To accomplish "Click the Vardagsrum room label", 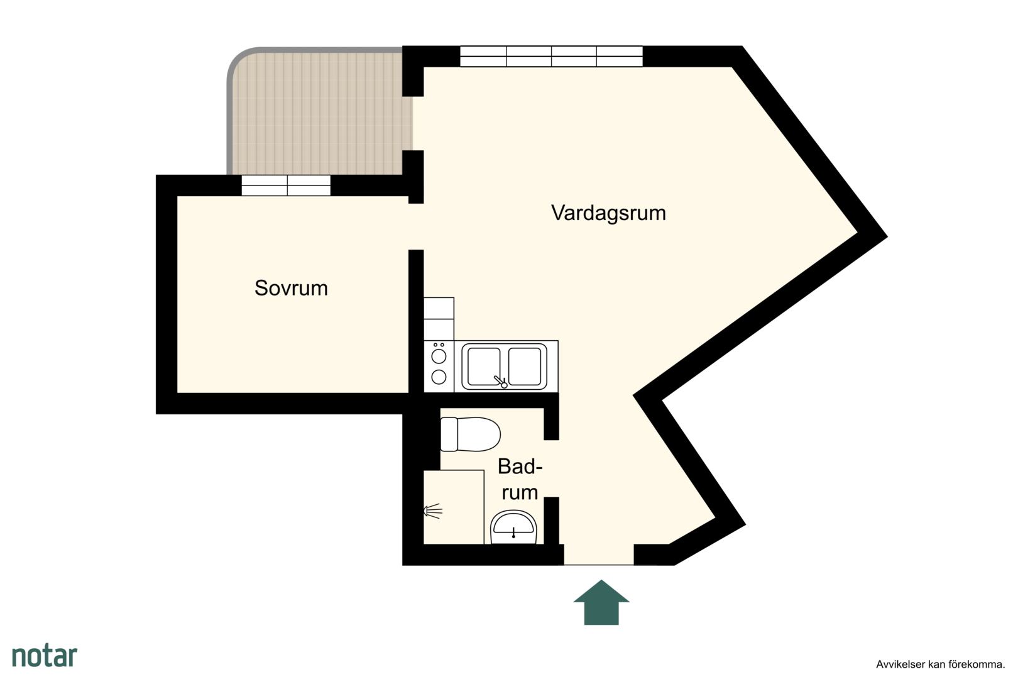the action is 608,213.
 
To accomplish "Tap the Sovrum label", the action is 292,288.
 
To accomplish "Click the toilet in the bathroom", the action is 471,434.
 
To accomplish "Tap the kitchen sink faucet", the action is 500,382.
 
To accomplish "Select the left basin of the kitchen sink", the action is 484,366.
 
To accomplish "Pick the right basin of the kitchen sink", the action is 525,366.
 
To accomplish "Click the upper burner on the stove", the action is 439,356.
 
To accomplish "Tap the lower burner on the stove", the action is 439,377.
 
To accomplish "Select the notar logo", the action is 45,656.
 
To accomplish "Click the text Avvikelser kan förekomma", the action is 940,665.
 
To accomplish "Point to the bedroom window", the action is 286,185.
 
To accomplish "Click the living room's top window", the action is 551,57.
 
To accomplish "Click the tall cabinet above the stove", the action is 439,319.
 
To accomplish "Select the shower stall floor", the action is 454,507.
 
